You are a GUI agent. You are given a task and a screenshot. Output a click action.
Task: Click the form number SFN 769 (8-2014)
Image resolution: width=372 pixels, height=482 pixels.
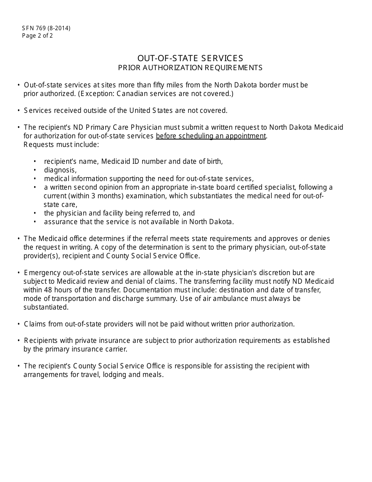(46, 28)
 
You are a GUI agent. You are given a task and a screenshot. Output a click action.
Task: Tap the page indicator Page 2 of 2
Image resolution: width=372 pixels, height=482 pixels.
(38, 36)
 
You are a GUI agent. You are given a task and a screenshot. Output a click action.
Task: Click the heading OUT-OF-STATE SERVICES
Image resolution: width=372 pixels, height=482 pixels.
(190, 58)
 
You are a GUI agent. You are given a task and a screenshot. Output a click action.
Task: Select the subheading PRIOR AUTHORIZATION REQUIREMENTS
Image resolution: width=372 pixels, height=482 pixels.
(190, 68)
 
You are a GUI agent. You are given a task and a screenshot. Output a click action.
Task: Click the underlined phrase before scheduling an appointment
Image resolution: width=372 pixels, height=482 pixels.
(211, 136)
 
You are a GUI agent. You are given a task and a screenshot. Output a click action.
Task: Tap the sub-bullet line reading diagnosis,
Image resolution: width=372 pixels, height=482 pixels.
(60, 170)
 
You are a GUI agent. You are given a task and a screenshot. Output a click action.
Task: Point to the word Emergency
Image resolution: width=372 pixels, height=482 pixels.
(41, 273)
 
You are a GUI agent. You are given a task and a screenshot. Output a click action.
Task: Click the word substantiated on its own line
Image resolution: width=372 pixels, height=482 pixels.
(46, 307)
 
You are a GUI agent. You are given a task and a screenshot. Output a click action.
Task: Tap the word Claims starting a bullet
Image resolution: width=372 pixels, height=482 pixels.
(34, 324)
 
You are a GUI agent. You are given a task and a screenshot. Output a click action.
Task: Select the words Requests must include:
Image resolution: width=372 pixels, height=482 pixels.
(61, 145)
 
